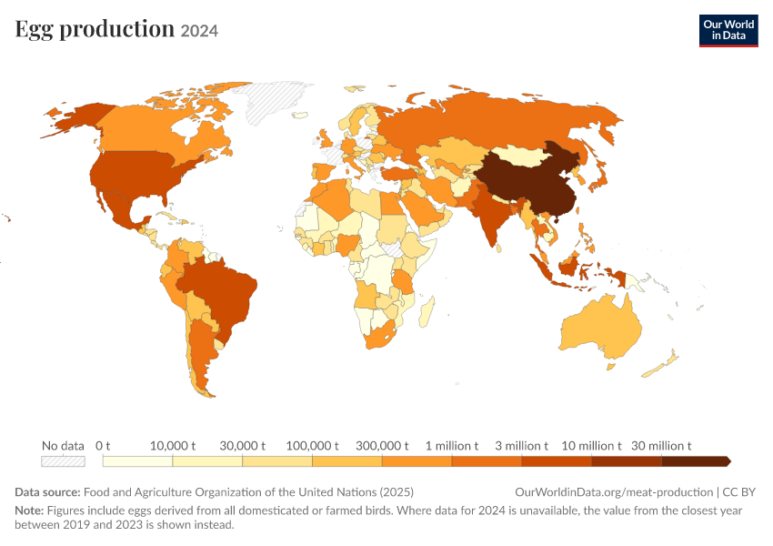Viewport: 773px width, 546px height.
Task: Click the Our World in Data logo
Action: (x=728, y=31)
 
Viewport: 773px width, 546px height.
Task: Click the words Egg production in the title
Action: (x=95, y=29)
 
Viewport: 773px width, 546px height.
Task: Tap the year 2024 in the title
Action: (x=199, y=31)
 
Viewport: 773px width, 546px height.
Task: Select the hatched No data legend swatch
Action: (x=63, y=461)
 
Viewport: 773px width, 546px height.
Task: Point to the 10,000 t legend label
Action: (x=173, y=446)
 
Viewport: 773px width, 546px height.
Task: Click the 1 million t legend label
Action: (x=452, y=446)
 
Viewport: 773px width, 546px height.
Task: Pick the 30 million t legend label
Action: (x=661, y=446)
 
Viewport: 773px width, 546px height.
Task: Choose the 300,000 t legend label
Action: (x=382, y=446)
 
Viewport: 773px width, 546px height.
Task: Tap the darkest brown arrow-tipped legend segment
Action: (x=696, y=461)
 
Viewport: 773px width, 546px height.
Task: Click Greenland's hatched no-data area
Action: (x=274, y=101)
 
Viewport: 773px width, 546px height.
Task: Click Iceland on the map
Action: (x=300, y=116)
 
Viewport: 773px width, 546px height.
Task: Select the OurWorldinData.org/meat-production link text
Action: (x=614, y=491)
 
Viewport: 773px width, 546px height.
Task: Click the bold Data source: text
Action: (x=47, y=491)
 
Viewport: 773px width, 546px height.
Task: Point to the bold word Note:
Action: (x=29, y=510)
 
